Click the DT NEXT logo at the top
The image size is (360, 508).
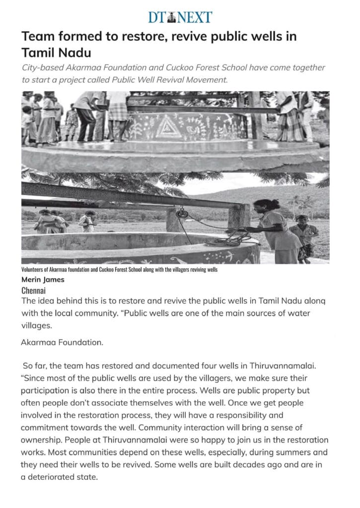(180, 17)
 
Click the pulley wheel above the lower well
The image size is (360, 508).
(182, 213)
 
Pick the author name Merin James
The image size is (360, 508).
(43, 279)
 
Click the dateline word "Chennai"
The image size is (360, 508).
(34, 290)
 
